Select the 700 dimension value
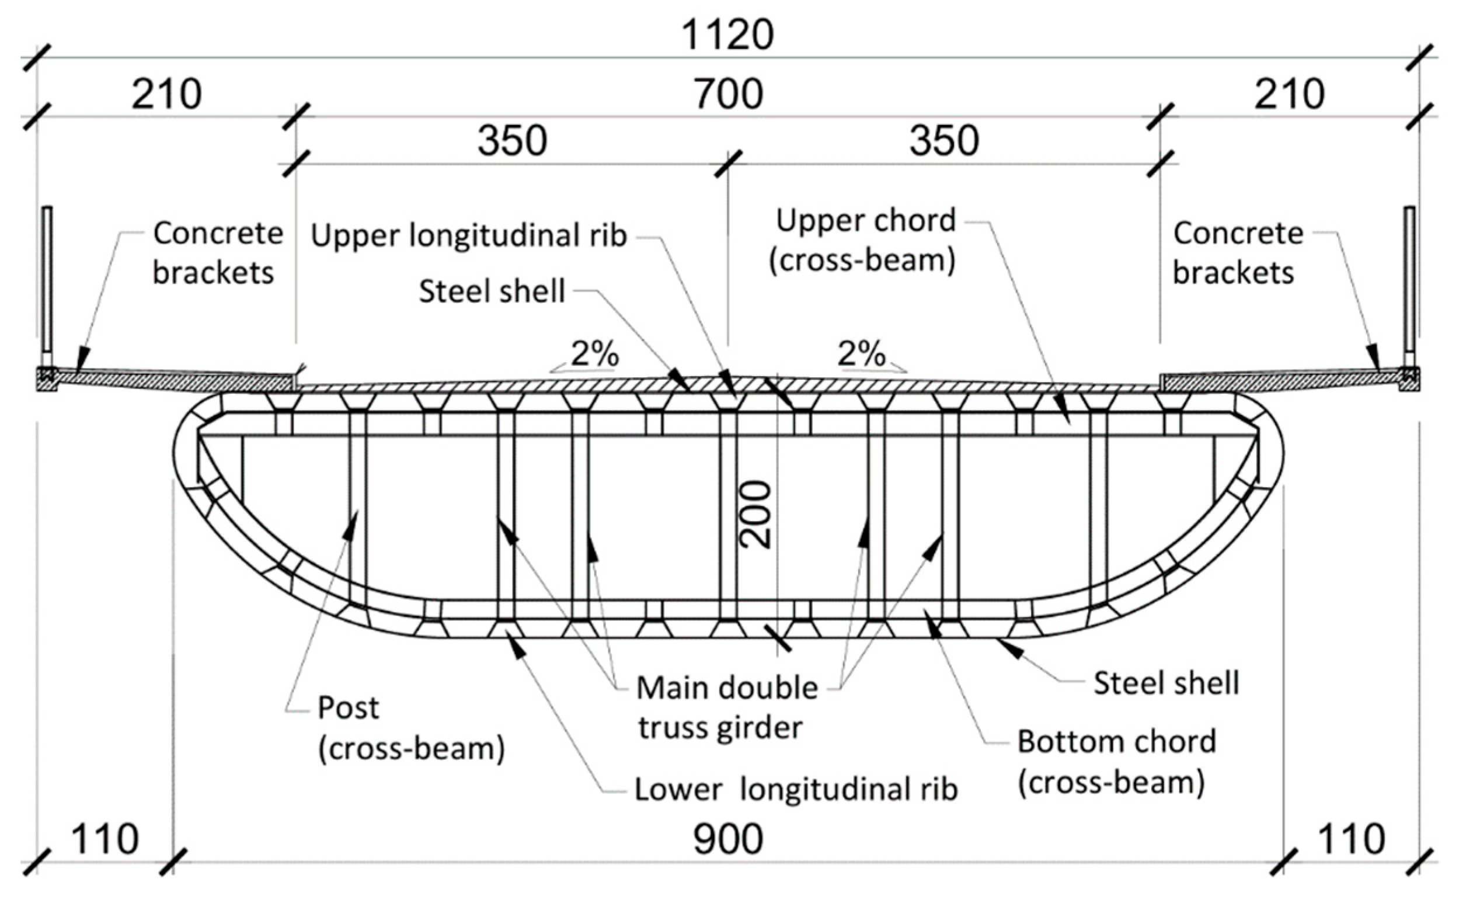(x=729, y=94)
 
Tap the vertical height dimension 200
(x=755, y=514)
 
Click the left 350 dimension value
(x=512, y=141)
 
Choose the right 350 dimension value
(x=944, y=141)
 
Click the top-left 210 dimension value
(x=166, y=94)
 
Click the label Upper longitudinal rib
(x=469, y=235)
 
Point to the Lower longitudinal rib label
(x=796, y=790)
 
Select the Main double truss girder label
(x=726, y=707)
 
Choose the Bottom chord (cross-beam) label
(x=1116, y=762)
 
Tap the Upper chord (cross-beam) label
(x=865, y=240)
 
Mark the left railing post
(x=47, y=279)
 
